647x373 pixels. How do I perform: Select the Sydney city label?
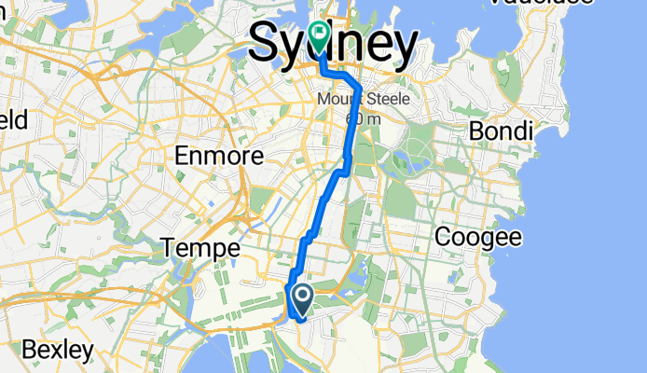click(333, 44)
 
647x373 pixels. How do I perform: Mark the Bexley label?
click(57, 351)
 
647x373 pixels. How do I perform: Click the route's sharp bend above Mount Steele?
click(360, 88)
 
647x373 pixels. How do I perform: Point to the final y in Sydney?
click(403, 47)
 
